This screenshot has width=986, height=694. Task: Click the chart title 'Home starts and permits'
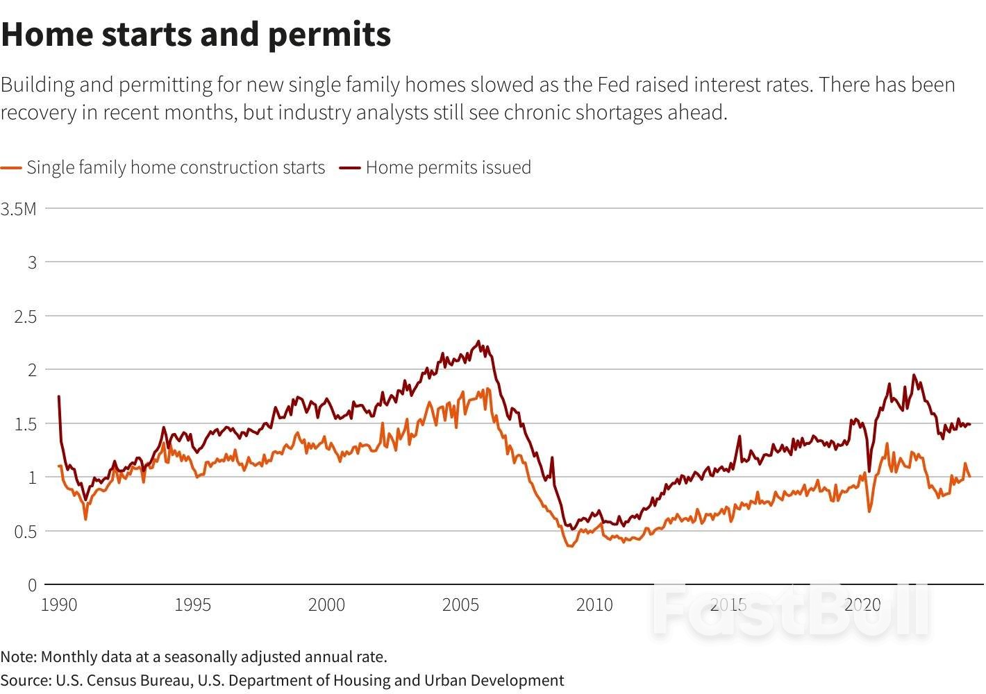click(196, 35)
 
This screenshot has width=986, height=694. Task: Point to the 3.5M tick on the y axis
click(19, 208)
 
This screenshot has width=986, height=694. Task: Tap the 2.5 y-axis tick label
click(25, 316)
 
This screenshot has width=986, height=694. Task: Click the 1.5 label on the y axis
click(25, 424)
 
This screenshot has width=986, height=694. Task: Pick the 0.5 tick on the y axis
click(25, 532)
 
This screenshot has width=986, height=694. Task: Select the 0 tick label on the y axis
click(32, 586)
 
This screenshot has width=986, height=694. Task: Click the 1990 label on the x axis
click(59, 605)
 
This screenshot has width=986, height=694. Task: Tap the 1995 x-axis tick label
click(192, 605)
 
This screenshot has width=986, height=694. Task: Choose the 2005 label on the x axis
click(460, 605)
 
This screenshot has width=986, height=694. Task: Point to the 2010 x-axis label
click(594, 605)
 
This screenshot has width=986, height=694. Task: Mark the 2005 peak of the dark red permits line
click(478, 341)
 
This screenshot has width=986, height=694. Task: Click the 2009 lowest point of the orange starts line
click(570, 546)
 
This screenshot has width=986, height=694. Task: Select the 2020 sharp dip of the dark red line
click(869, 471)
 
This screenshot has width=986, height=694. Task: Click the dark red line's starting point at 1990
click(59, 397)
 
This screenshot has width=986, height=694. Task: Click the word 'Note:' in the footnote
click(19, 657)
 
